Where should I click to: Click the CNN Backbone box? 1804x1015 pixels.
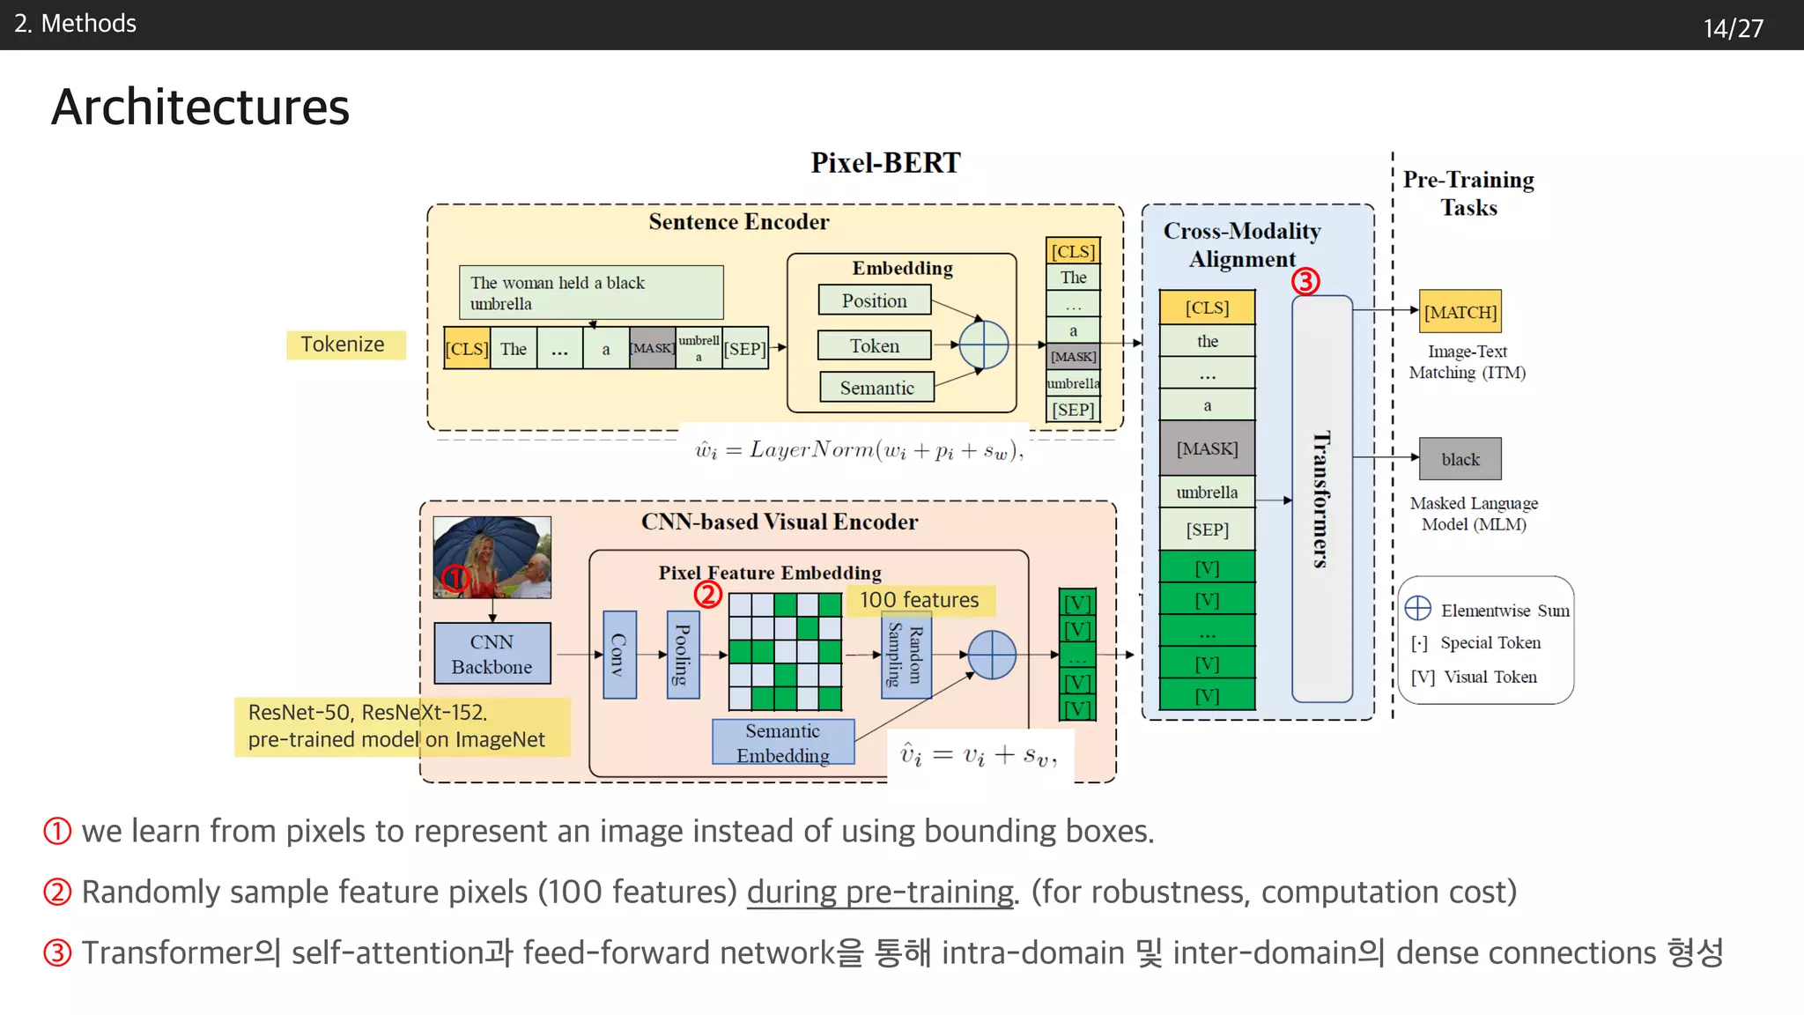tap(492, 654)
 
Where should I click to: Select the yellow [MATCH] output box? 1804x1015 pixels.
tap(1460, 312)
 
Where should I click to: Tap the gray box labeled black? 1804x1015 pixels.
tap(1460, 459)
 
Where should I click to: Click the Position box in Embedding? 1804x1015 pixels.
tap(874, 300)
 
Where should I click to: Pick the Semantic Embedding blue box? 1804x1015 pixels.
tap(782, 743)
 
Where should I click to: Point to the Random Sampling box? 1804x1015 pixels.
tap(906, 656)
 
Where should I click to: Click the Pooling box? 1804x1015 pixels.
tap(683, 655)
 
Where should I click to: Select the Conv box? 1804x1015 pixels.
tap(619, 655)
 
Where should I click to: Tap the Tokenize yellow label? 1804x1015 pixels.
tap(344, 345)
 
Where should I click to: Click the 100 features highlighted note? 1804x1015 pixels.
tap(919, 600)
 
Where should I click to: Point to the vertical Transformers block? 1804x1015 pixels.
tap(1321, 499)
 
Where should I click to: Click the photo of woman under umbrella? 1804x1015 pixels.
tap(492, 557)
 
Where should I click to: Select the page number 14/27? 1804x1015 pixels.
tap(1733, 28)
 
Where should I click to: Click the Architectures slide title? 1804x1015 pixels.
tap(200, 107)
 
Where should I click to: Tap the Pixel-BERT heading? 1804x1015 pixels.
tap(885, 163)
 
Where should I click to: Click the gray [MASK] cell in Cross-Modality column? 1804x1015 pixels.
tap(1207, 448)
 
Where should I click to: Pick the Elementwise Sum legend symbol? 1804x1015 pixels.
tap(1417, 609)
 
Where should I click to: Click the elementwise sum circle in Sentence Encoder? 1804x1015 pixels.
tap(983, 345)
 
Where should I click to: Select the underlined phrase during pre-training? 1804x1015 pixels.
tap(880, 893)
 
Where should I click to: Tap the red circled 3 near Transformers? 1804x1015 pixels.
tap(1305, 282)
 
